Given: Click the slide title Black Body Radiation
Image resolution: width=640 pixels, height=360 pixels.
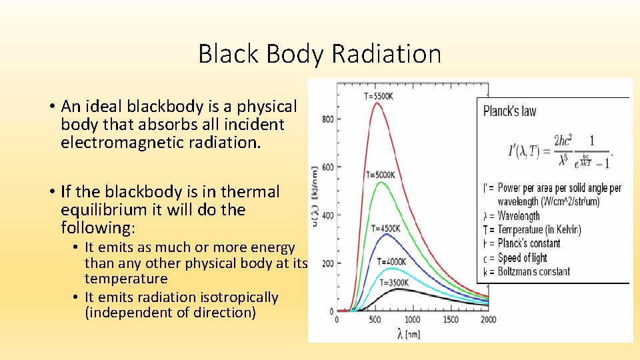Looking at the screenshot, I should point(319,54).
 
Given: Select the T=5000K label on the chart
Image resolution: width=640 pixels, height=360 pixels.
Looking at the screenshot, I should point(380,175).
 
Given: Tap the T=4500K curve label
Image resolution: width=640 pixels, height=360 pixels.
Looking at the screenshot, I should point(384,229).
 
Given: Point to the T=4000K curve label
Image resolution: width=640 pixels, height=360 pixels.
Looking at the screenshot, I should point(391,261).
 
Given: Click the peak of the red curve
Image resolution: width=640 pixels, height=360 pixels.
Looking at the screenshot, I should point(377,103).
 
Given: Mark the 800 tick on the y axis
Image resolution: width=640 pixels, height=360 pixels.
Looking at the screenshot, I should point(327,119).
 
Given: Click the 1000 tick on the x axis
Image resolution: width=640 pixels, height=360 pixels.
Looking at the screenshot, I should point(412,320).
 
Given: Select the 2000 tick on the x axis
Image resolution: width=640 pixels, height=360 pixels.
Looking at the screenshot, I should point(488,320).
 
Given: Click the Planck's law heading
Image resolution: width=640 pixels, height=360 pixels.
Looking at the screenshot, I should point(509,111).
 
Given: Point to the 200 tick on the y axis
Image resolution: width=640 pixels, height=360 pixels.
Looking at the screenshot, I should point(327,264).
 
